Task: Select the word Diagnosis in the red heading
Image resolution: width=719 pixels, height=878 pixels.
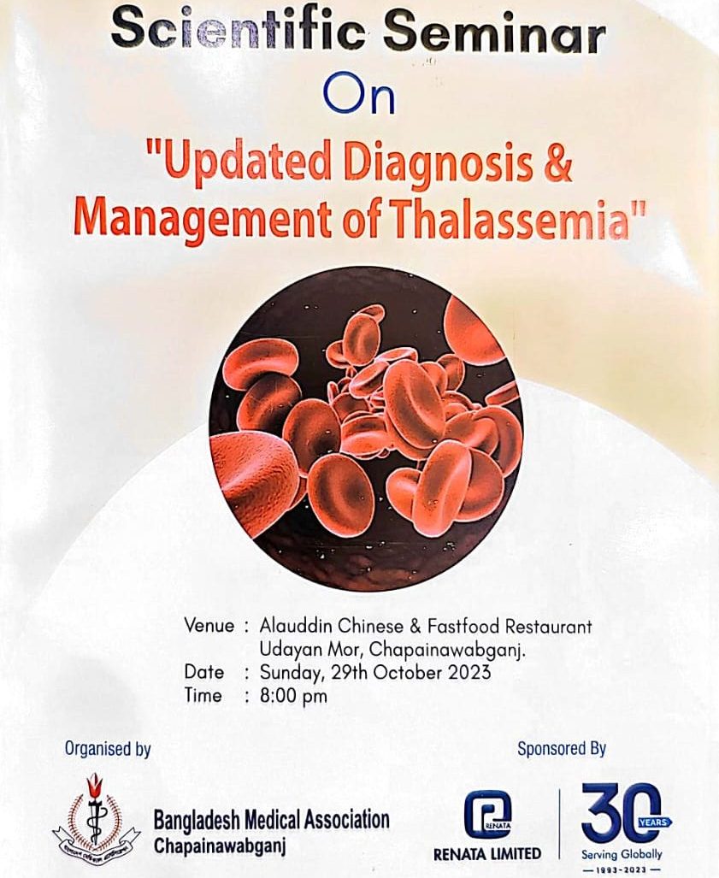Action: pos(438,163)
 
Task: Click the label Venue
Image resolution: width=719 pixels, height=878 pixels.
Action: pos(209,626)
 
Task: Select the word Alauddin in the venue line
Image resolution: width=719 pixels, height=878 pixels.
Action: pos(296,625)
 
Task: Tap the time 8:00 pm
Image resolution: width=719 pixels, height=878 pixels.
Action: pos(293,696)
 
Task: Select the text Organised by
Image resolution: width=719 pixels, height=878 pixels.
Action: pos(108,749)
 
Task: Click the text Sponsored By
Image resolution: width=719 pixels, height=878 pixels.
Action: pos(561,749)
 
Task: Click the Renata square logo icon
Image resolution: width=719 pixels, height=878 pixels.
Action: pos(487,815)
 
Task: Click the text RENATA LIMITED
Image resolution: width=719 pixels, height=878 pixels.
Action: pos(487,853)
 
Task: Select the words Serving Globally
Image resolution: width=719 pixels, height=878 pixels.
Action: pos(622,854)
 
